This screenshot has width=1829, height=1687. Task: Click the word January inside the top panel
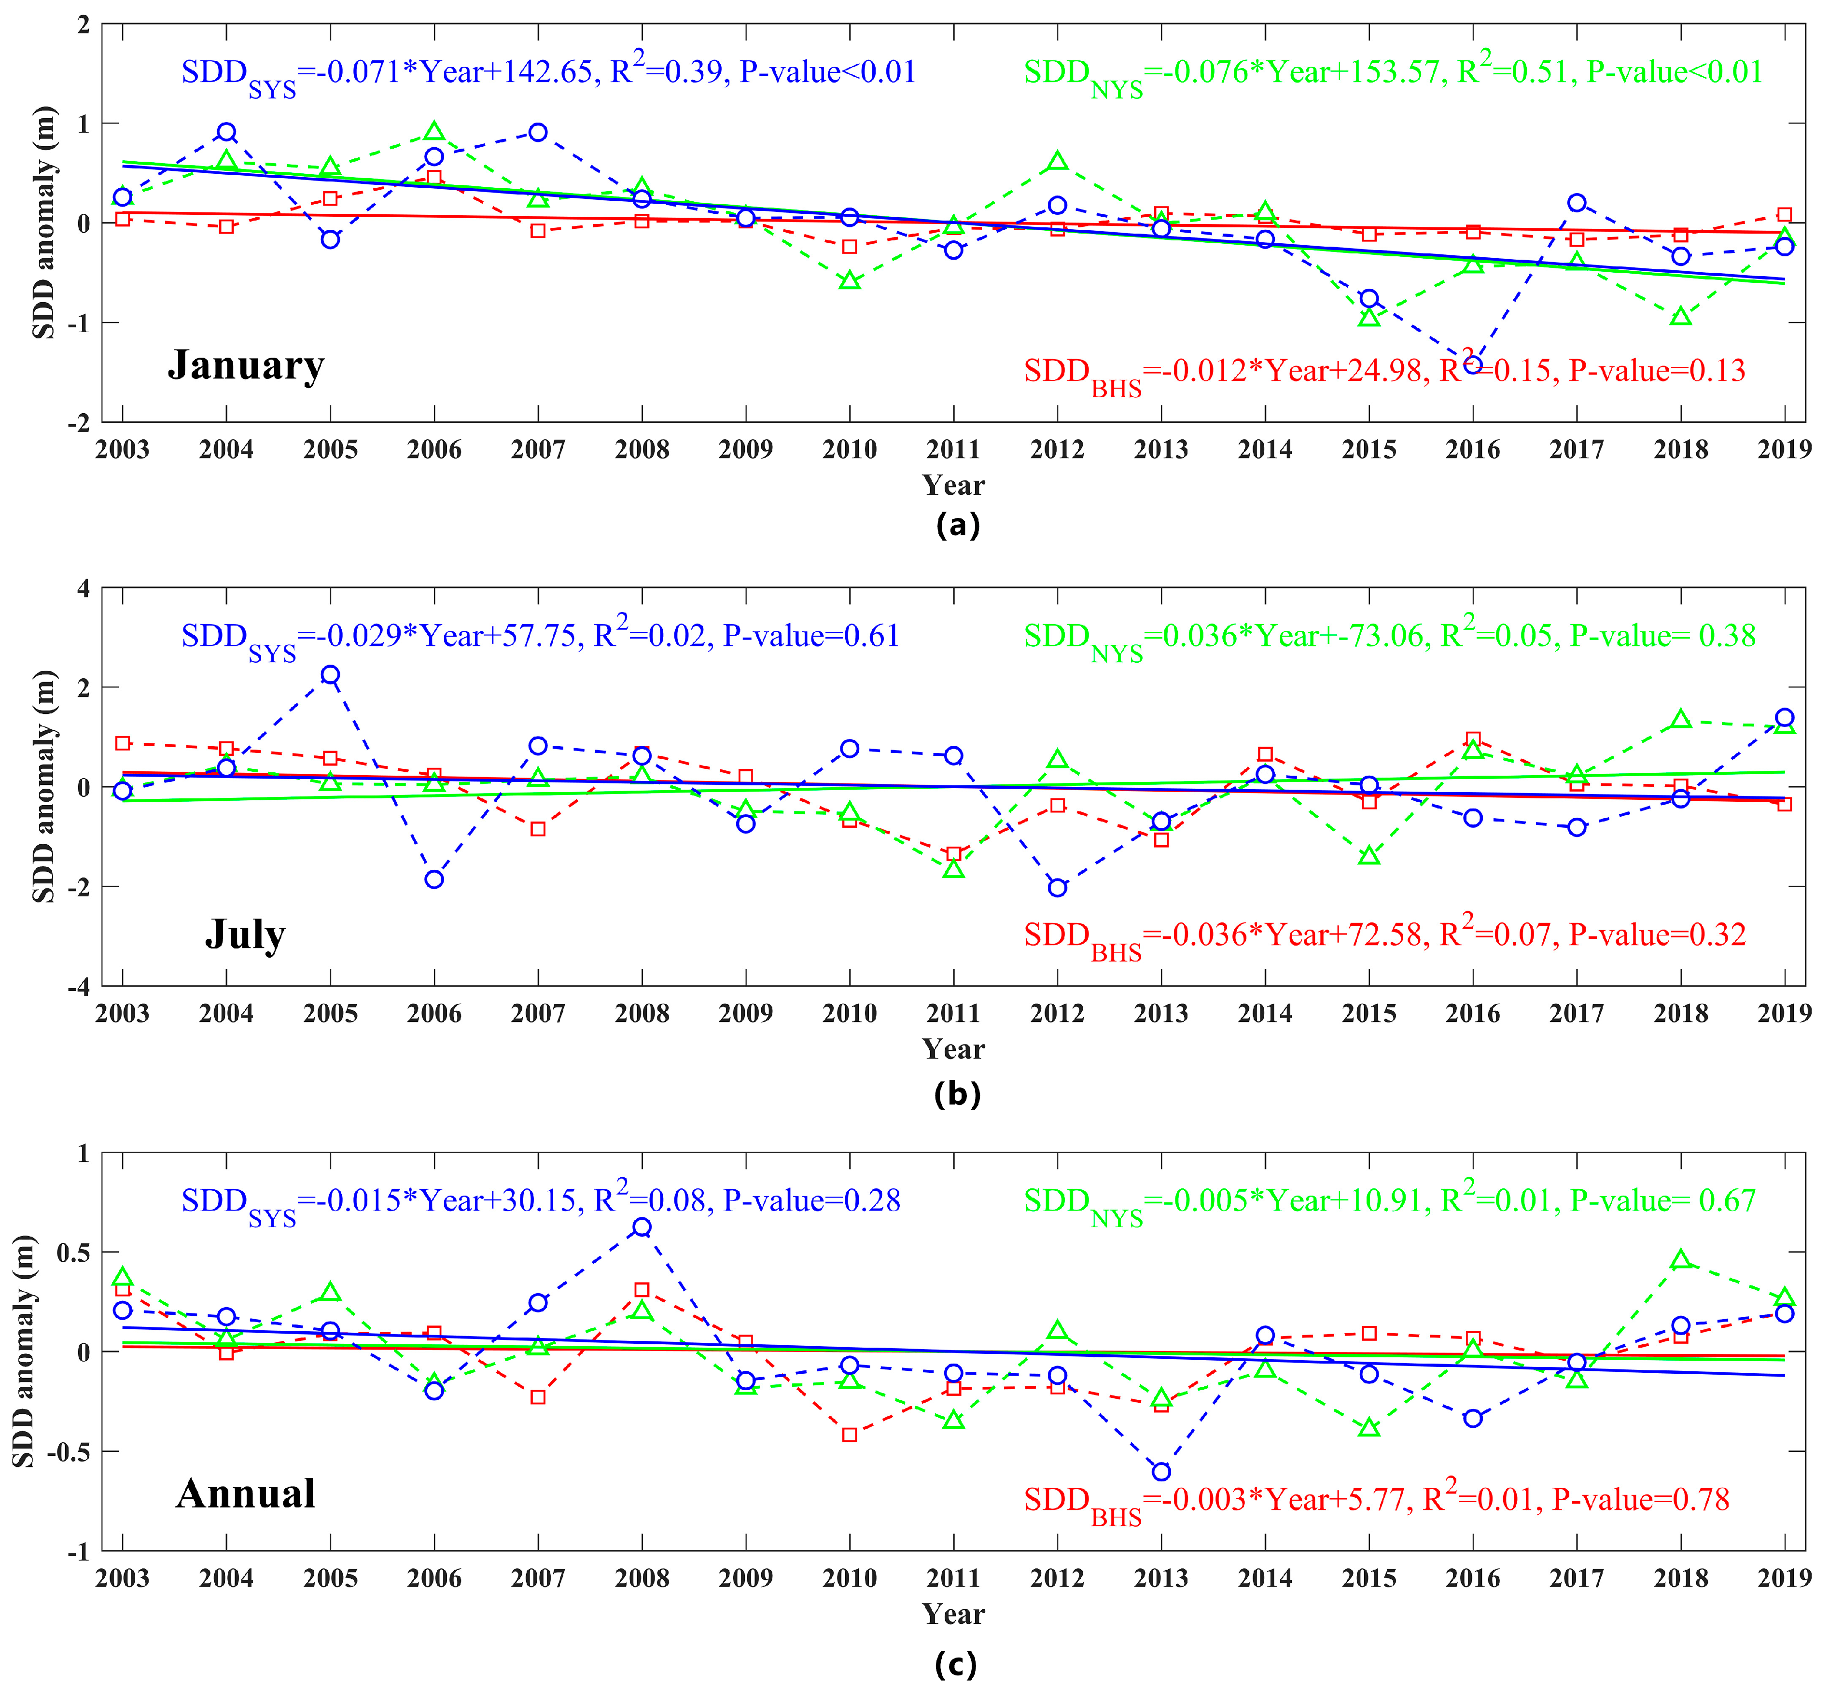click(246, 365)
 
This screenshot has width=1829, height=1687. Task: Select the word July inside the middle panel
click(245, 934)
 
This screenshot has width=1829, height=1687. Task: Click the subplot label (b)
click(957, 1093)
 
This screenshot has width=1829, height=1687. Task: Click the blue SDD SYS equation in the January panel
click(548, 73)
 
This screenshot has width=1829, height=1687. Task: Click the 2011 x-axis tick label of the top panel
click(953, 449)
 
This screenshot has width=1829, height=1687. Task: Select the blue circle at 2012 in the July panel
click(1058, 887)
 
